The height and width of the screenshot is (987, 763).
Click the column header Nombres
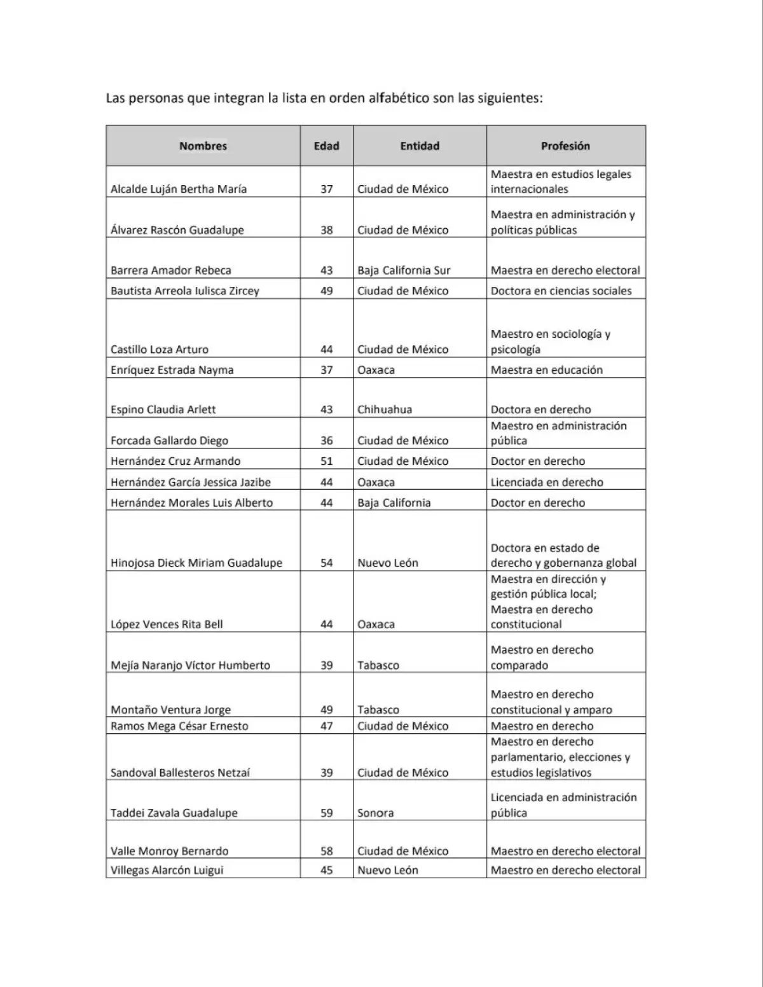pos(203,146)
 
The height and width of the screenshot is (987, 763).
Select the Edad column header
pos(326,146)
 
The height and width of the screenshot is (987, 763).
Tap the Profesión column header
pos(565,146)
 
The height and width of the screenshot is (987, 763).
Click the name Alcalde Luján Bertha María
pos(179,189)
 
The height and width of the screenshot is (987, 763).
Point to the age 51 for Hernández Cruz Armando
pos(326,461)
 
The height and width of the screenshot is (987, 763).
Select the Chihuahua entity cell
pos(385,410)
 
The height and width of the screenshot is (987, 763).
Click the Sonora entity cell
pos(376,813)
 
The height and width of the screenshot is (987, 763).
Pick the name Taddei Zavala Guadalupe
pos(174,813)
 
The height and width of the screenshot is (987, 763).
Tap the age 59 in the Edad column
pos(326,813)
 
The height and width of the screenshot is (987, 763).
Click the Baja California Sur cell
pos(404,270)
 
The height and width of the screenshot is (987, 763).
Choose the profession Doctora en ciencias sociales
pos(561,291)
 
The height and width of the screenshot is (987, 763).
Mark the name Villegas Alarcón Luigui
pos(167,870)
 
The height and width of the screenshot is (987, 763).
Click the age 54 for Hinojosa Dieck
pos(326,563)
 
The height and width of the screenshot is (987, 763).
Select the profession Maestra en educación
pos(546,370)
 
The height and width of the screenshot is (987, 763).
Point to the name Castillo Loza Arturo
pos(160,349)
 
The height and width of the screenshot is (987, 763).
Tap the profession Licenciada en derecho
pos(546,482)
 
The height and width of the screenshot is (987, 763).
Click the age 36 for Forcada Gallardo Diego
pos(326,441)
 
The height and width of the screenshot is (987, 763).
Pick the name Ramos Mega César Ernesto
pos(179,726)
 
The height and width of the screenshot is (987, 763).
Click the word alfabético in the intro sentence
pos(398,99)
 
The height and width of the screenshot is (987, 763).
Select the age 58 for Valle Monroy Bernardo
pos(326,851)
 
